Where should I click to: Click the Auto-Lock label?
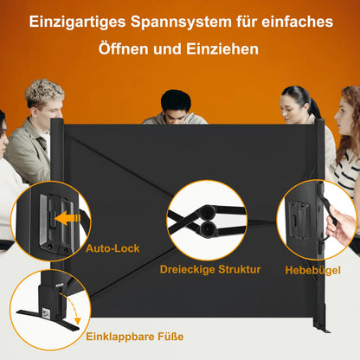(112, 247)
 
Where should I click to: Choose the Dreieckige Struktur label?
(209, 269)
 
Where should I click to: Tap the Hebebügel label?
(312, 269)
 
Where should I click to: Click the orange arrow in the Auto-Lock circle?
(67, 219)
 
